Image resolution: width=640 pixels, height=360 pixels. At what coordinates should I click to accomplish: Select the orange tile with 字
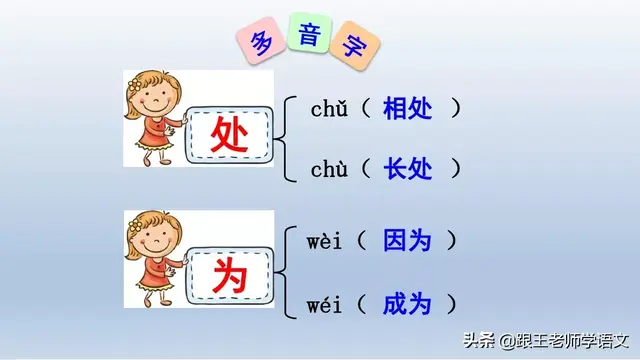click(x=352, y=43)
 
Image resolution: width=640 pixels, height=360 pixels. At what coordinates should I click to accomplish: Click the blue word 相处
click(x=408, y=109)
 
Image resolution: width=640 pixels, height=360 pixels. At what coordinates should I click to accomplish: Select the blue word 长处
click(x=408, y=170)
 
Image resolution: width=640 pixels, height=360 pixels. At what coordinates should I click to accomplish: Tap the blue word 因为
click(x=407, y=240)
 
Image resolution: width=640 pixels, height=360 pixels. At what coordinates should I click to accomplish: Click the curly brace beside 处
click(x=288, y=138)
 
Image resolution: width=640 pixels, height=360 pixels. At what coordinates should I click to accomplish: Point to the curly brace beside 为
click(x=288, y=271)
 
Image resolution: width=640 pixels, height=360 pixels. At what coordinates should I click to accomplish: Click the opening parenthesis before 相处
click(x=366, y=109)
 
